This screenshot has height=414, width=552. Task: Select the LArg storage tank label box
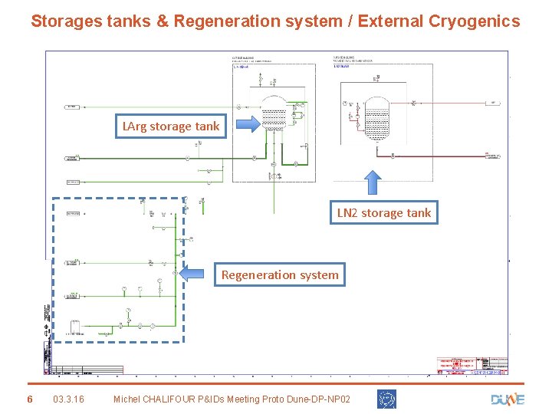coord(171,126)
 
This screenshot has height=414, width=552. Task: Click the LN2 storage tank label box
coord(384,213)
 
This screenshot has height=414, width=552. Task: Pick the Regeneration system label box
coord(280,274)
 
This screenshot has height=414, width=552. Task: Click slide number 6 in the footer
coord(29,399)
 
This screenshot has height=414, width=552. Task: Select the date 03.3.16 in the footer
coord(69,399)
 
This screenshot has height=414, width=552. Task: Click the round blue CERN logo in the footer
coord(386,399)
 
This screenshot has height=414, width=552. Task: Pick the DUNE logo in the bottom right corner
coord(507,399)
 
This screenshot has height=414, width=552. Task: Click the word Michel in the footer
coord(130,399)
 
